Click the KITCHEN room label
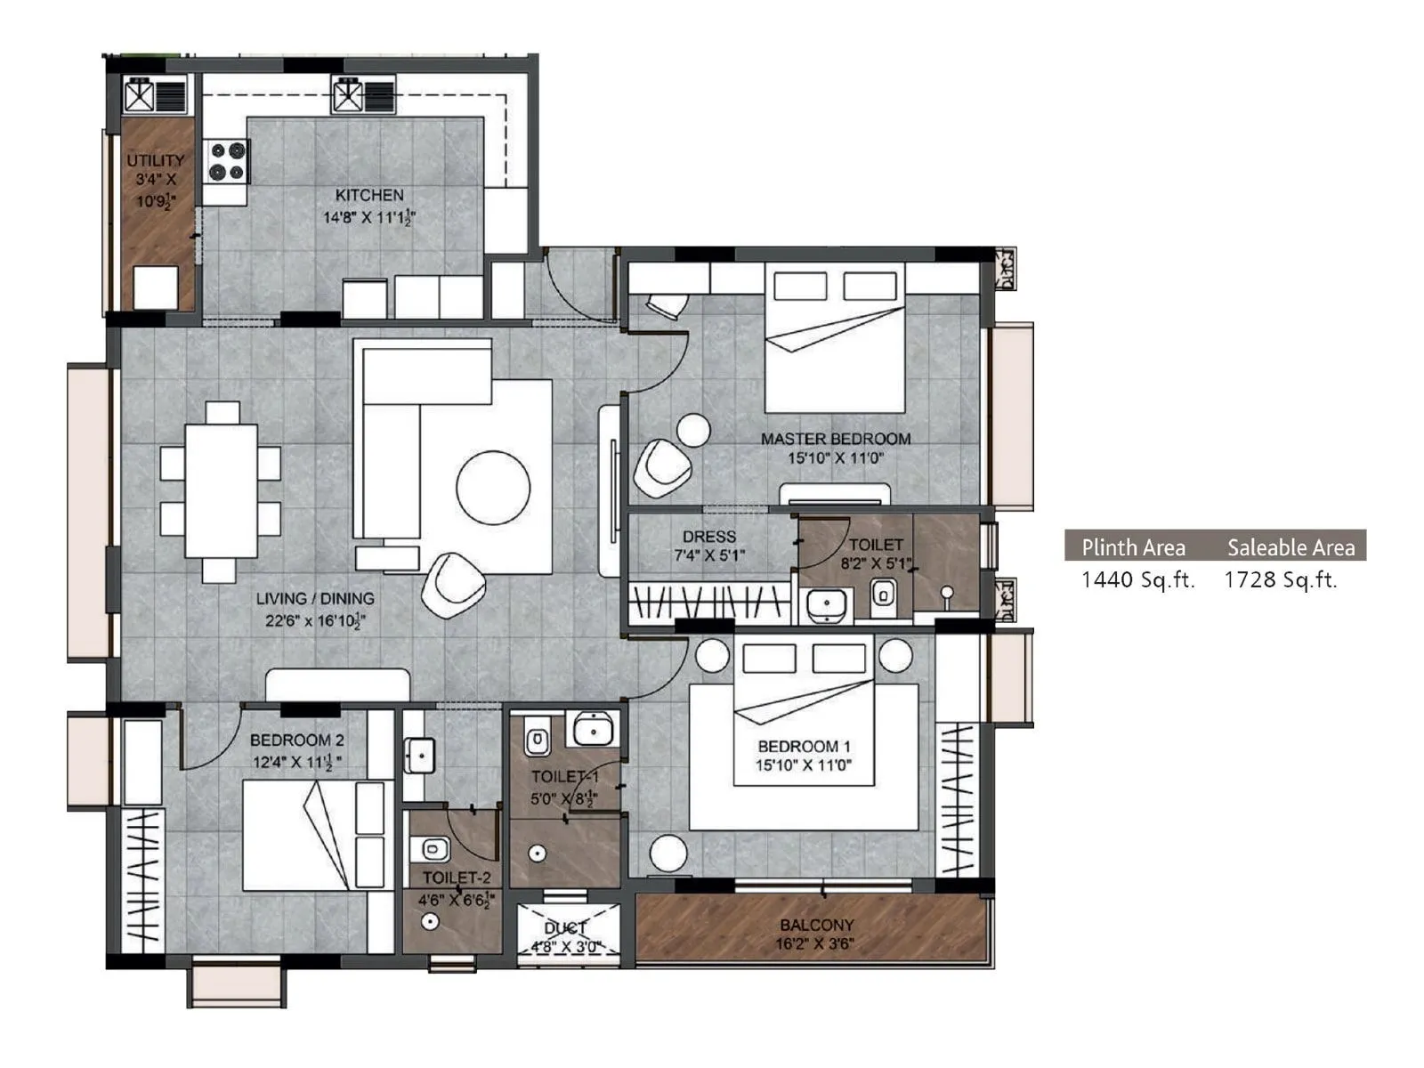click(x=369, y=195)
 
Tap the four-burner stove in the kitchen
click(x=227, y=161)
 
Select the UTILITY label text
click(x=156, y=161)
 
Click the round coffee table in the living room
click(x=493, y=487)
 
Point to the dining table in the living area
click(x=221, y=491)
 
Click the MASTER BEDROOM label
click(x=835, y=439)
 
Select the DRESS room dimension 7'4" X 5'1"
click(x=709, y=555)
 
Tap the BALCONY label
click(x=816, y=925)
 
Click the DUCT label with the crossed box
click(x=565, y=928)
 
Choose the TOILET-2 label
click(x=457, y=878)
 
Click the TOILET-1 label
click(x=564, y=777)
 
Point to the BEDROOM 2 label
click(x=296, y=740)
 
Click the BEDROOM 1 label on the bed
click(x=804, y=746)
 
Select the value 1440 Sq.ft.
click(x=1137, y=580)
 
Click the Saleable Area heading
click(x=1290, y=547)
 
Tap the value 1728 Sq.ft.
click(x=1281, y=580)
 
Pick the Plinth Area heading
click(x=1133, y=547)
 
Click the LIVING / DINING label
click(x=315, y=599)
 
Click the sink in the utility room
click(x=142, y=95)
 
